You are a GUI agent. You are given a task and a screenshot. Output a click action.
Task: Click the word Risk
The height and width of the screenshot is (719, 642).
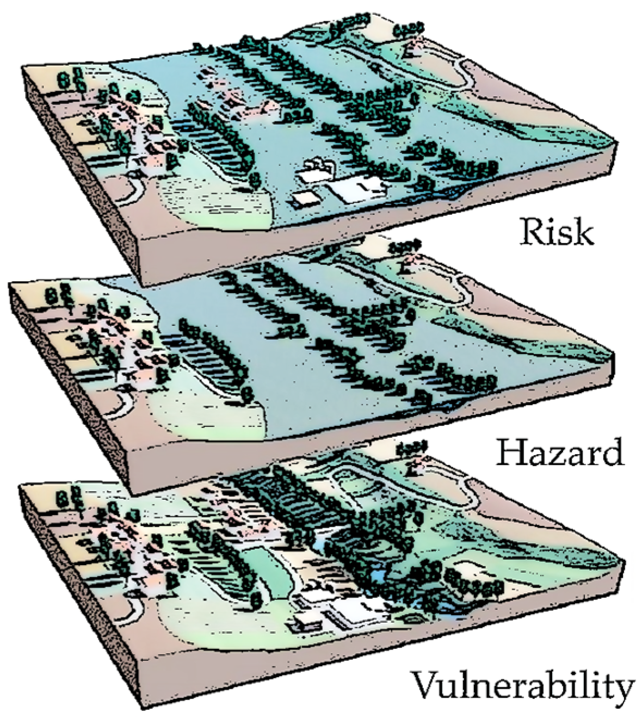pyautogui.click(x=555, y=232)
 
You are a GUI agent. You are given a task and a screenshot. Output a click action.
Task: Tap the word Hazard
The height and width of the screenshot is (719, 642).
pyautogui.click(x=560, y=452)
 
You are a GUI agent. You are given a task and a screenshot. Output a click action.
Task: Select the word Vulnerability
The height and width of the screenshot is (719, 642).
pyautogui.click(x=522, y=686)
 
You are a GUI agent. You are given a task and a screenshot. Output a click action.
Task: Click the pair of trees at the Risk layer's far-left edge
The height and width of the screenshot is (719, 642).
pyautogui.click(x=69, y=79)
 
